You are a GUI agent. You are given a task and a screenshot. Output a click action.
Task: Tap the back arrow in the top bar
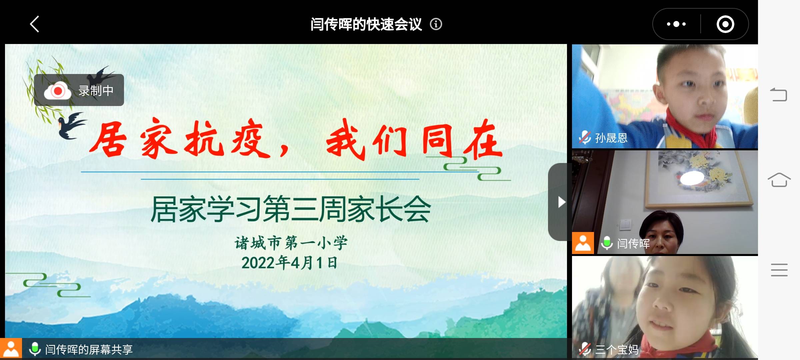pyautogui.click(x=35, y=24)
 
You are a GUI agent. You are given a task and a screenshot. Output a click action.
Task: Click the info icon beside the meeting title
pyautogui.click(x=436, y=24)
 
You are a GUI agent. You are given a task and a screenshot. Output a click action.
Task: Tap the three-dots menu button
pyautogui.click(x=676, y=24)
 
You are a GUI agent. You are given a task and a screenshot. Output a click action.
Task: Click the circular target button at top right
pyautogui.click(x=725, y=24)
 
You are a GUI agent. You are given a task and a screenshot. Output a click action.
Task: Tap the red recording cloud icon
pyautogui.click(x=58, y=91)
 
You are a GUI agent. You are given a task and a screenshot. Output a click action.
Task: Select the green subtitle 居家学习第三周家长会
pyautogui.click(x=291, y=209)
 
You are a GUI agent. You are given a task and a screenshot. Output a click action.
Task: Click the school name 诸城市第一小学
pyautogui.click(x=291, y=243)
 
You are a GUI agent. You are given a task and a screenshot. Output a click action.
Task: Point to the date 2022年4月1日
pyautogui.click(x=289, y=263)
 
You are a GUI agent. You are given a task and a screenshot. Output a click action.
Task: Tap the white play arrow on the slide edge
pyautogui.click(x=561, y=202)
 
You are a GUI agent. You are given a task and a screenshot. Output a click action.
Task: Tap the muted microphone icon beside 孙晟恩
pyautogui.click(x=585, y=137)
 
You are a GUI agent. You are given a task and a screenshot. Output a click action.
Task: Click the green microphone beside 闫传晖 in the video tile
pyautogui.click(x=607, y=243)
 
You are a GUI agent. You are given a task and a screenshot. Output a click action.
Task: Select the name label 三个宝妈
pyautogui.click(x=617, y=350)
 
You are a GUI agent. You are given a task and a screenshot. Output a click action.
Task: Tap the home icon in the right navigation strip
pyautogui.click(x=779, y=180)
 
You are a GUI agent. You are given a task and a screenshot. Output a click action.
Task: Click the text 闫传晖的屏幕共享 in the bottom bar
pyautogui.click(x=89, y=350)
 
